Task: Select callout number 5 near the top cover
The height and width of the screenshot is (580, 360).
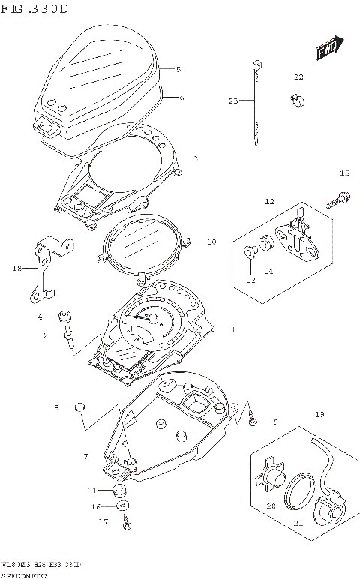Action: (178, 69)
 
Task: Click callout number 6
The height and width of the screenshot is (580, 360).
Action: (181, 98)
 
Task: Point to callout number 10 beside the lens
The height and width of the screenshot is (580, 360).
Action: (211, 242)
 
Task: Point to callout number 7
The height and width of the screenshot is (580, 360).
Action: (86, 455)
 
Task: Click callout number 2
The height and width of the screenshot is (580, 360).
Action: (196, 158)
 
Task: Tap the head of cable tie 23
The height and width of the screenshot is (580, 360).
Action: (256, 65)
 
